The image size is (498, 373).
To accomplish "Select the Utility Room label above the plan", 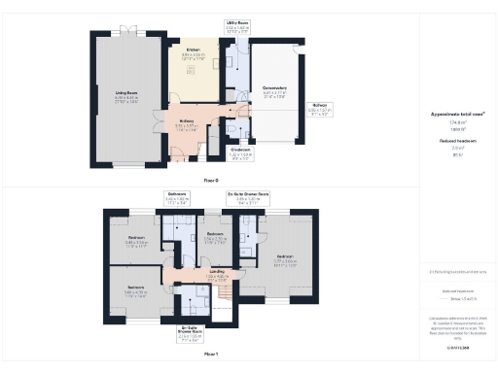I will [237, 20].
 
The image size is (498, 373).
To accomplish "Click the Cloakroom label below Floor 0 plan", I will [240, 150].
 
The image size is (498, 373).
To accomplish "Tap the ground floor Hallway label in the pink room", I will [186, 121].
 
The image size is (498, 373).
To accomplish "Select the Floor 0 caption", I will [210, 180].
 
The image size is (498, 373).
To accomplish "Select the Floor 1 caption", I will [210, 356].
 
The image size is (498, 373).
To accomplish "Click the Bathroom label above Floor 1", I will [176, 194].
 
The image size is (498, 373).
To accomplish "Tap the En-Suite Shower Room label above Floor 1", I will [248, 194].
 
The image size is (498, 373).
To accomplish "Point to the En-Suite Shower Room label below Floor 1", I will [190, 327].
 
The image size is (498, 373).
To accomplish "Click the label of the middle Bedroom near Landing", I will [216, 234].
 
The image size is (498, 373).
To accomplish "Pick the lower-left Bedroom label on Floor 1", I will [134, 288].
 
